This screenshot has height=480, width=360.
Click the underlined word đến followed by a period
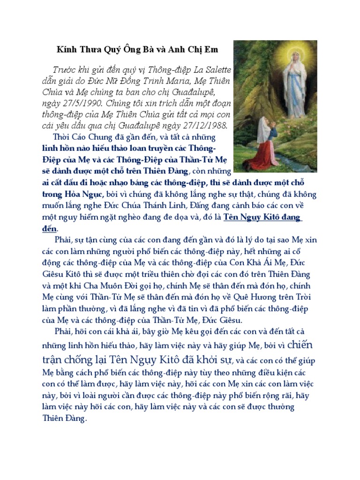pos(49,229)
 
